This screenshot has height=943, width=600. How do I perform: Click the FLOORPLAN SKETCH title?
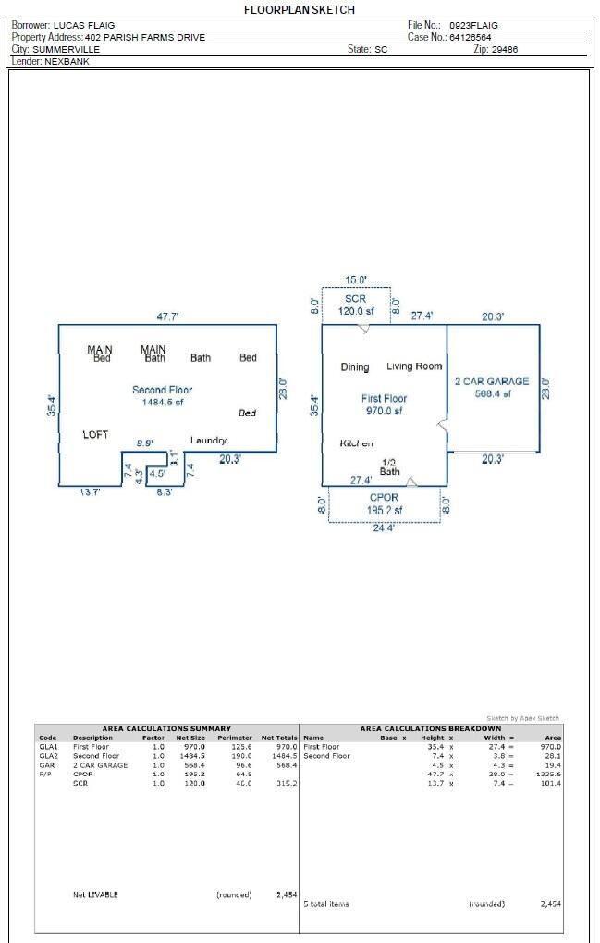[x=299, y=9]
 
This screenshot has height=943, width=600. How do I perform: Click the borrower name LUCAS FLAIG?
[x=84, y=25]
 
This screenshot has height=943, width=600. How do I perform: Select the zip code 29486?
[x=505, y=49]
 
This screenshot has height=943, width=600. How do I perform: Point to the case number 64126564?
[x=470, y=37]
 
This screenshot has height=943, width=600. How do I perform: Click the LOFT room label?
[x=96, y=434]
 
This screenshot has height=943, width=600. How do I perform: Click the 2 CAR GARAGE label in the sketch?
[x=492, y=381]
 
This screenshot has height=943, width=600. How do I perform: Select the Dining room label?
[x=355, y=367]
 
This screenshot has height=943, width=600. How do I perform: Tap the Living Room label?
[x=414, y=366]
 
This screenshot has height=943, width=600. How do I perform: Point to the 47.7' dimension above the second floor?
[x=167, y=316]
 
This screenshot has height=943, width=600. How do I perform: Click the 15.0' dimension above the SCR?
[x=356, y=279]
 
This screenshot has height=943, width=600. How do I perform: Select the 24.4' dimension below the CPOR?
[x=384, y=529]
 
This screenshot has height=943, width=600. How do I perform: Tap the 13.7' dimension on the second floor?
[x=90, y=492]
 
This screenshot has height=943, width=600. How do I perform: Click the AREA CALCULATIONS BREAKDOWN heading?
[x=431, y=728]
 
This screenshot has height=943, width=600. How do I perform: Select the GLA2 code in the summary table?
[x=47, y=756]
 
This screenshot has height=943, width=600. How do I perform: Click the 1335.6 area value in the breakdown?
[x=548, y=775]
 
